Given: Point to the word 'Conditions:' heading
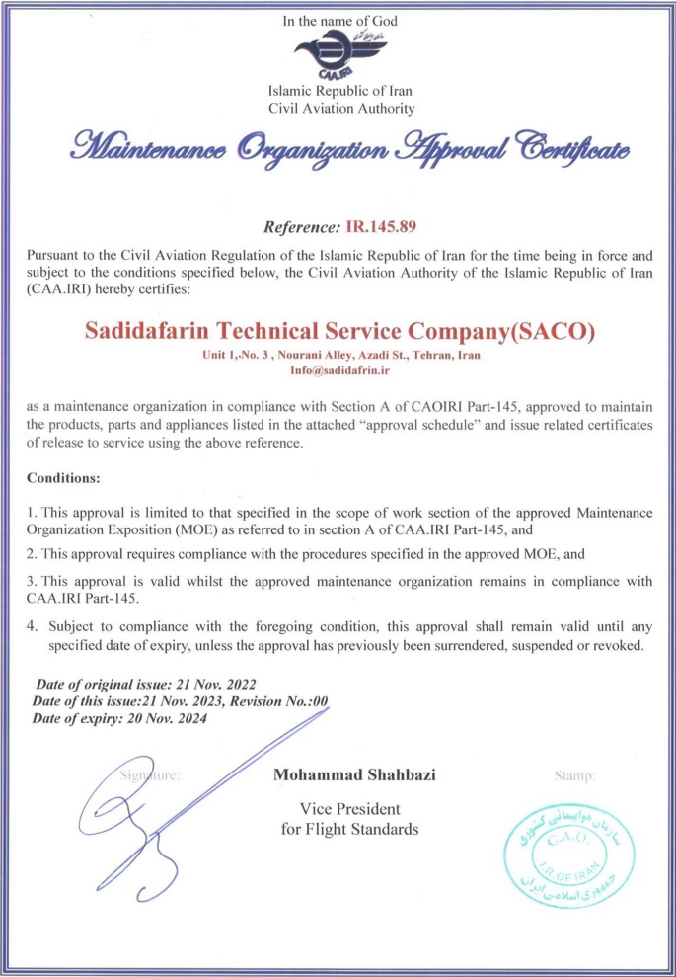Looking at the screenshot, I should point(63,477).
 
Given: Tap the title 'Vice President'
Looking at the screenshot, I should point(349,809).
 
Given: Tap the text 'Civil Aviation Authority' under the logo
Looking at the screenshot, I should point(340,108).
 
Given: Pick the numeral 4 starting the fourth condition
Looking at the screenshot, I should point(31,625).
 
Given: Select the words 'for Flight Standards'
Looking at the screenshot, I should point(349,829).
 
